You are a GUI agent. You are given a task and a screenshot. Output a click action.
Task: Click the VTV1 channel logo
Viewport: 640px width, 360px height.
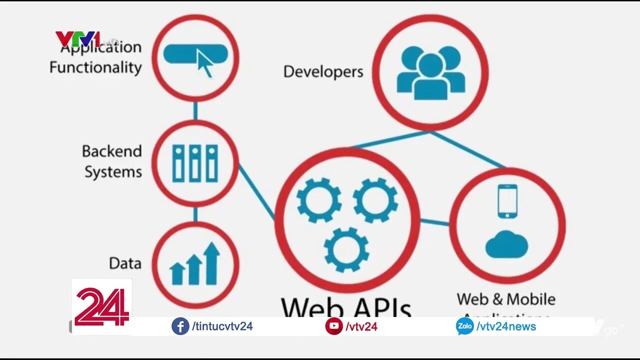(x=77, y=39)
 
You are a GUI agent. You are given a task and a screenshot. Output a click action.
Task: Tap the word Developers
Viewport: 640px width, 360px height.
(x=323, y=71)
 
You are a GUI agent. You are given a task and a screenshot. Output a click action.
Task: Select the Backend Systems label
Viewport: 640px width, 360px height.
(x=112, y=161)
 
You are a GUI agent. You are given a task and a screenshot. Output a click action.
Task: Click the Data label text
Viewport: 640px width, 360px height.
(x=125, y=263)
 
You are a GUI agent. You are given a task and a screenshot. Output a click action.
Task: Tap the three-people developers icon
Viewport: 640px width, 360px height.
(x=430, y=73)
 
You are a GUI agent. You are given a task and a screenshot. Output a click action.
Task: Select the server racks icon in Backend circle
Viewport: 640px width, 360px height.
(x=195, y=163)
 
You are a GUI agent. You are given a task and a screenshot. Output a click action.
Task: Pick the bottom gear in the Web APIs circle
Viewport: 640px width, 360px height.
(x=346, y=249)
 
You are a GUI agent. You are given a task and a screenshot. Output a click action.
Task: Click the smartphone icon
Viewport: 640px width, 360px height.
(x=507, y=201)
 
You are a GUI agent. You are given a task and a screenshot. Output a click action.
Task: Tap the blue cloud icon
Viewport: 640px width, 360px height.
(x=506, y=244)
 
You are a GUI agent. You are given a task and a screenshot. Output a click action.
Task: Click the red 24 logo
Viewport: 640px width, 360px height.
(x=102, y=306)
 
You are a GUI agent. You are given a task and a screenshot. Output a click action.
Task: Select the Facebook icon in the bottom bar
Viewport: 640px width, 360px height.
(x=180, y=326)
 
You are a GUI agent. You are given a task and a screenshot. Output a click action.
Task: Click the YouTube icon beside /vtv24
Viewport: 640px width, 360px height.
(x=333, y=326)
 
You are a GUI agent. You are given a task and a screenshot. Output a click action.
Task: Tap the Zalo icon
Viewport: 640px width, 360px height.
(x=464, y=326)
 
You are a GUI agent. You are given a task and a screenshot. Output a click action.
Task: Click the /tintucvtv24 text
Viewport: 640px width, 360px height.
(x=222, y=326)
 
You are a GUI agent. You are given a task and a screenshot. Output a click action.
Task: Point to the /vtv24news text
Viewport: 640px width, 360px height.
(x=506, y=326)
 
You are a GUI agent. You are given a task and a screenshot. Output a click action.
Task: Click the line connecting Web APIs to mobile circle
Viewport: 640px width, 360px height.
(x=434, y=222)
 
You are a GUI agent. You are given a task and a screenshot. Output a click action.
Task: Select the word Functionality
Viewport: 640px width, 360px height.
(x=95, y=67)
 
